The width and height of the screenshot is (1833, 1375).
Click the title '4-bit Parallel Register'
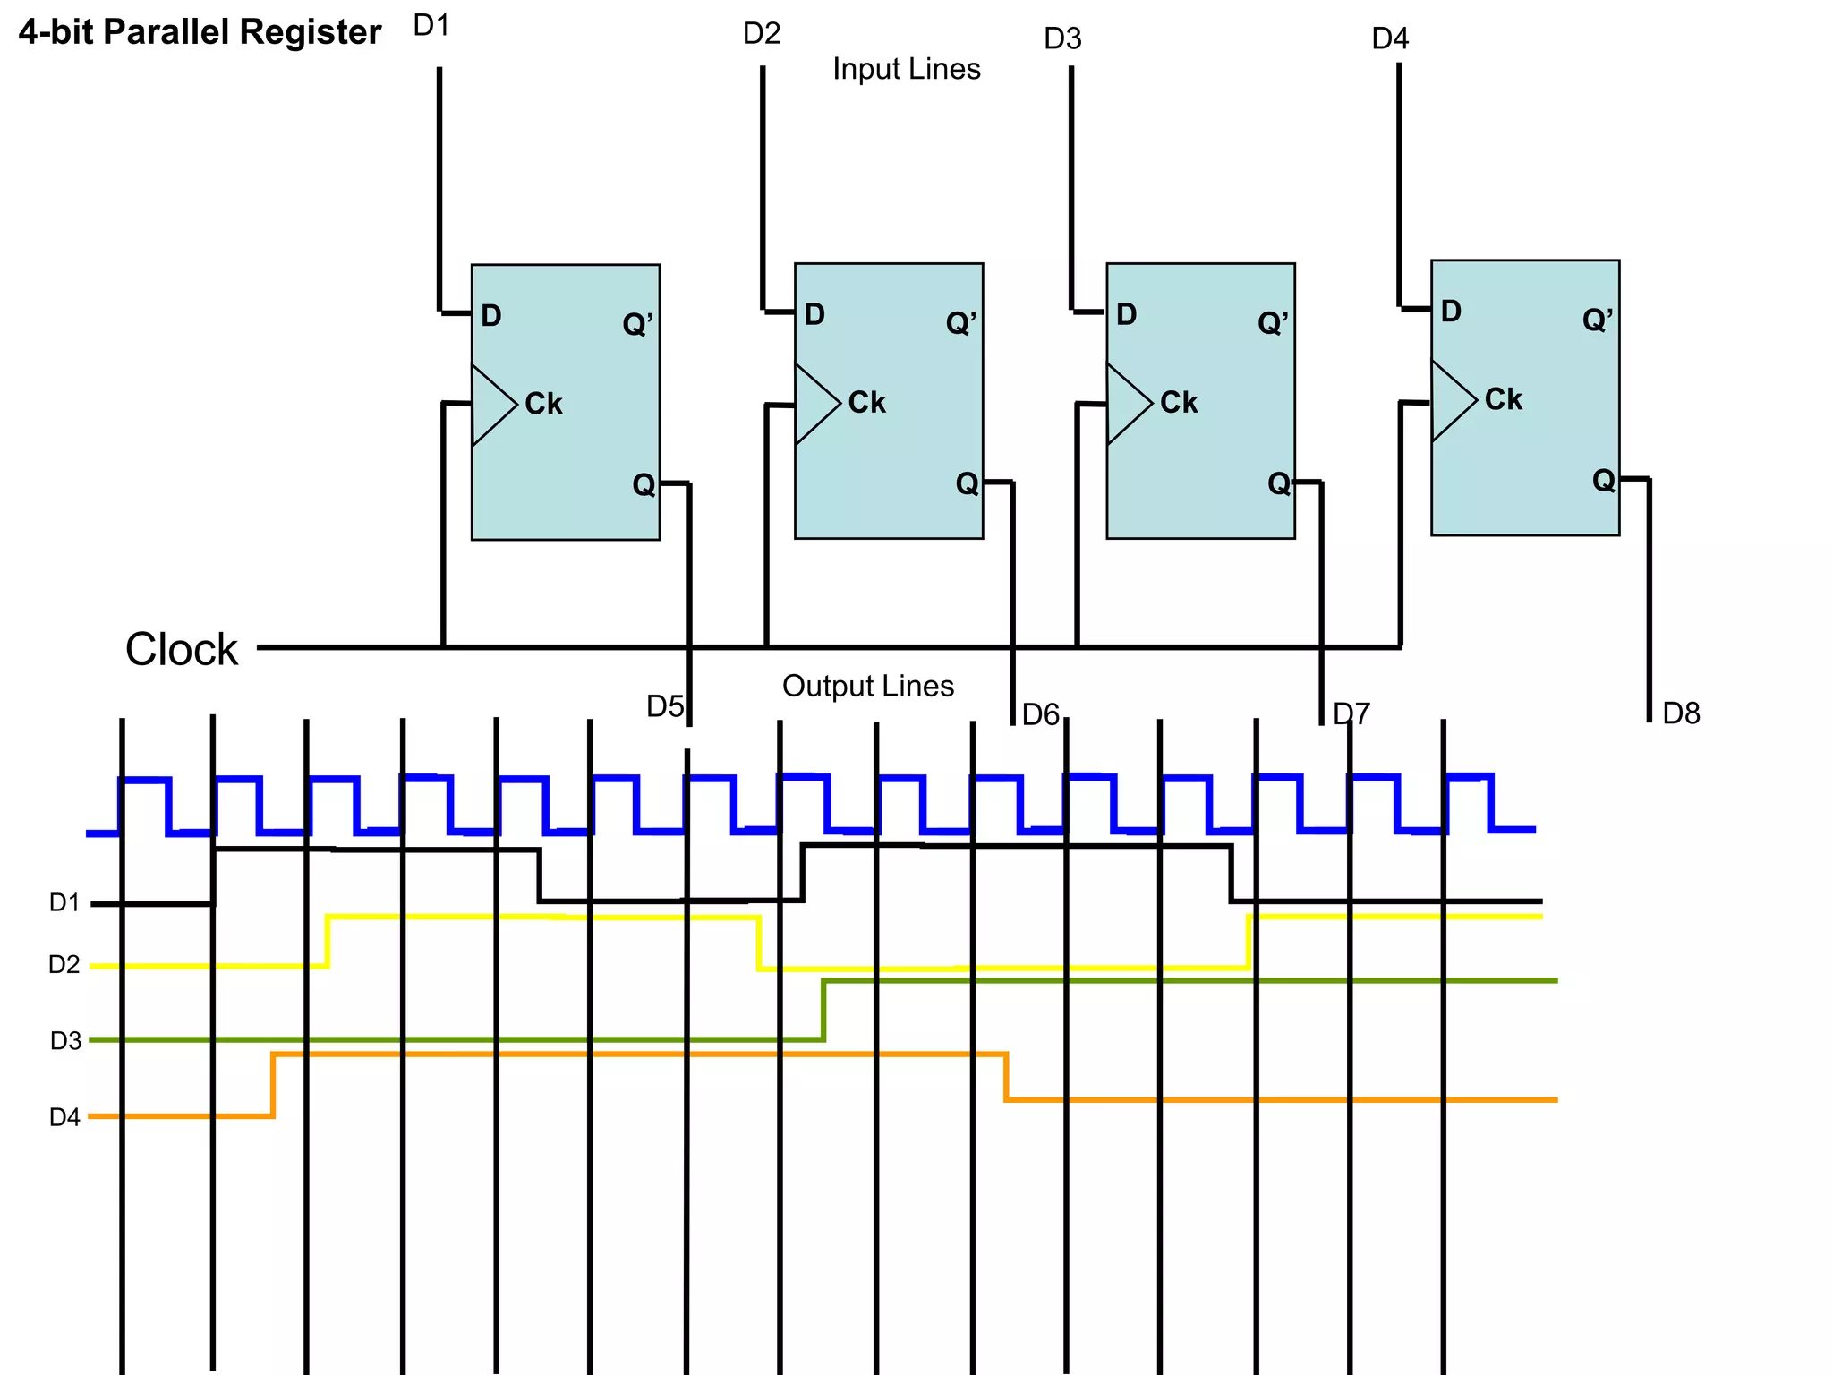[200, 32]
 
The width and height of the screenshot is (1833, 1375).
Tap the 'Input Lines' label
[906, 69]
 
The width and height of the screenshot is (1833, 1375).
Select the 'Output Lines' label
[867, 686]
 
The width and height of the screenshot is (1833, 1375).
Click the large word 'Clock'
[182, 649]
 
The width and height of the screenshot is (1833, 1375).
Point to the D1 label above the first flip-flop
[431, 26]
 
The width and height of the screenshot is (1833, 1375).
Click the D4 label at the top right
[1390, 38]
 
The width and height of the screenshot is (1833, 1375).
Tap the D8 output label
[1681, 713]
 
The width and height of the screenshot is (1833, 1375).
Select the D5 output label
[665, 706]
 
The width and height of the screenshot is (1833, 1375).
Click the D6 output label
[1041, 714]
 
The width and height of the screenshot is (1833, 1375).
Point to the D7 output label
[1351, 714]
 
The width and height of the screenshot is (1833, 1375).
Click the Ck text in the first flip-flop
[543, 404]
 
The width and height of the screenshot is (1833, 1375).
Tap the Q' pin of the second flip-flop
[961, 322]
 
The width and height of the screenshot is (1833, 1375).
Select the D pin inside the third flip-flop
[1126, 314]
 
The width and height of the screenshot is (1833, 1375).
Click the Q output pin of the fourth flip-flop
[1603, 481]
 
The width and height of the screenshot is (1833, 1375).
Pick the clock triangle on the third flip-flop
[1127, 404]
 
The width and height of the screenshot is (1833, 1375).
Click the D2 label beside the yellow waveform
[64, 965]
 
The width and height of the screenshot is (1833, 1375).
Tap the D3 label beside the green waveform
[65, 1041]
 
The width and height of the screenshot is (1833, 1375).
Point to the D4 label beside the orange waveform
[64, 1117]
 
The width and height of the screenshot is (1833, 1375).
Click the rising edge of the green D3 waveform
[823, 1010]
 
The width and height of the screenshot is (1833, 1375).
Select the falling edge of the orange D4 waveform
[1006, 1077]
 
